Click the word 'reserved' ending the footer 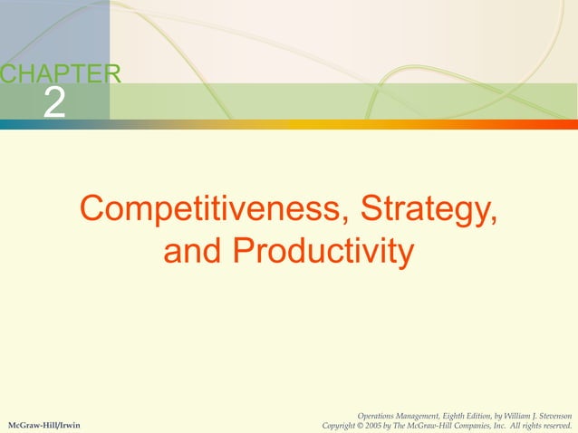click(558, 425)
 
